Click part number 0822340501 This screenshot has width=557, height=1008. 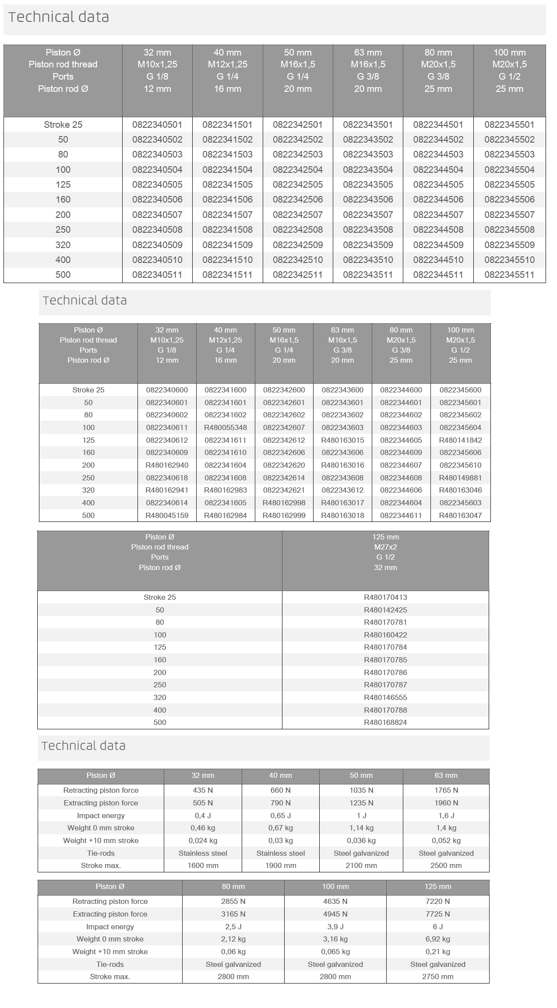[x=157, y=125]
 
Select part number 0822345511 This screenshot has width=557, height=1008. [x=509, y=275]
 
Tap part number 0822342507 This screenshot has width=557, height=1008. [x=298, y=215]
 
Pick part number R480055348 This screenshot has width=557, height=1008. [x=226, y=427]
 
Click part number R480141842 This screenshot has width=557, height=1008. [x=460, y=440]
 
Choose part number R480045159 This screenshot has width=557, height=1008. [x=167, y=515]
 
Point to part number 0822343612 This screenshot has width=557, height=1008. [x=342, y=490]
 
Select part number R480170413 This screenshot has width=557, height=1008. [x=385, y=597]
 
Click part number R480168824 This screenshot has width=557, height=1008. [x=385, y=722]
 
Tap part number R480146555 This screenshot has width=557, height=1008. [x=385, y=697]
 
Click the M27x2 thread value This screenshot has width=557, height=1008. [x=385, y=547]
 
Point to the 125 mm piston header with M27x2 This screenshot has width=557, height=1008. [x=385, y=537]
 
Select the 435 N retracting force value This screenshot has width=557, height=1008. [x=203, y=790]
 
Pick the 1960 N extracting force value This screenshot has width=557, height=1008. [x=446, y=803]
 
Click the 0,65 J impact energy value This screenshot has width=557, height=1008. [x=281, y=815]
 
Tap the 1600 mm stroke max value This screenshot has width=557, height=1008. [x=203, y=865]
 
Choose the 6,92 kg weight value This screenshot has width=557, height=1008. [x=437, y=939]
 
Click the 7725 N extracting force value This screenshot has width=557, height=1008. [x=437, y=914]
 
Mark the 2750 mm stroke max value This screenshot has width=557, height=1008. [x=437, y=976]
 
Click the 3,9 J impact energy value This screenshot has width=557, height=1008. [x=335, y=927]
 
